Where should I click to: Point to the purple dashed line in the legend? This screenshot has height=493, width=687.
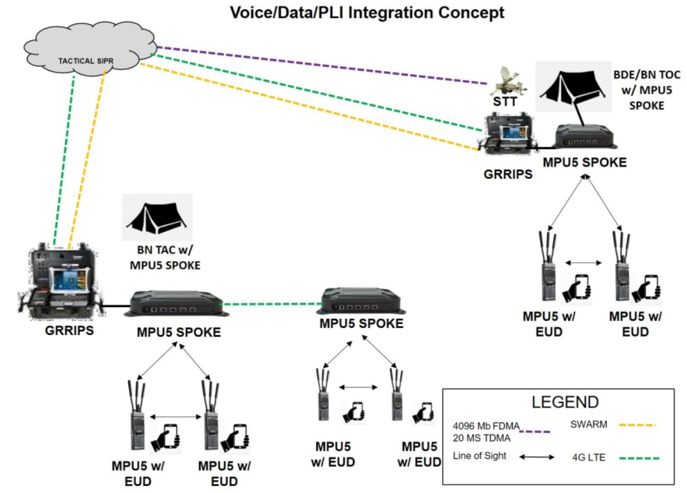coord(536,431)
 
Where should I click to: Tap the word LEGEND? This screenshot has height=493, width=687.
coord(566,403)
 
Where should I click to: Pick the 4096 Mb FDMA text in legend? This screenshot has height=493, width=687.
coord(484,425)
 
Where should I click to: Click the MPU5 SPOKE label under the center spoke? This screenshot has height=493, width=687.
coord(361,324)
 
